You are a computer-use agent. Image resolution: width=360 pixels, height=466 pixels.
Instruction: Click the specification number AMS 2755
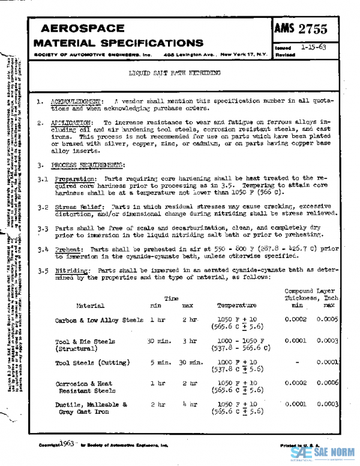pos(311,30)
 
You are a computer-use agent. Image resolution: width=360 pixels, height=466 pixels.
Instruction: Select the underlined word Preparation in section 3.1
pos(72,178)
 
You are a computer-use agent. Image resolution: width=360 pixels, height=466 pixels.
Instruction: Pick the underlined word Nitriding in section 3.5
pos(70,270)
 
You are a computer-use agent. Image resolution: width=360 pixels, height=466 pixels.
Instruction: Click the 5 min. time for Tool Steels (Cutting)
pos(160,363)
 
